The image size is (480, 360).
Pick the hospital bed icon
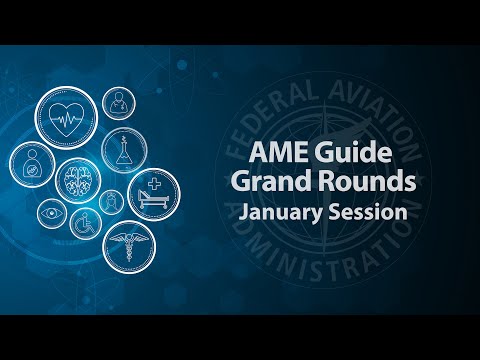(153, 194)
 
